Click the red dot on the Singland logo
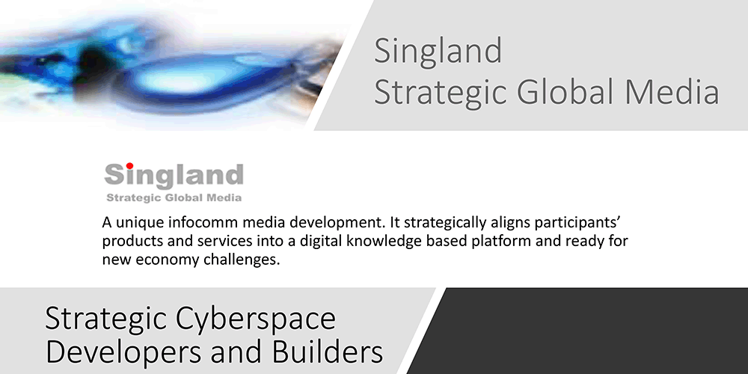pyautogui.click(x=129, y=166)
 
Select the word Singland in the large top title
pyautogui.click(x=438, y=51)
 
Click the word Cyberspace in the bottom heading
pyautogui.click(x=256, y=319)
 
